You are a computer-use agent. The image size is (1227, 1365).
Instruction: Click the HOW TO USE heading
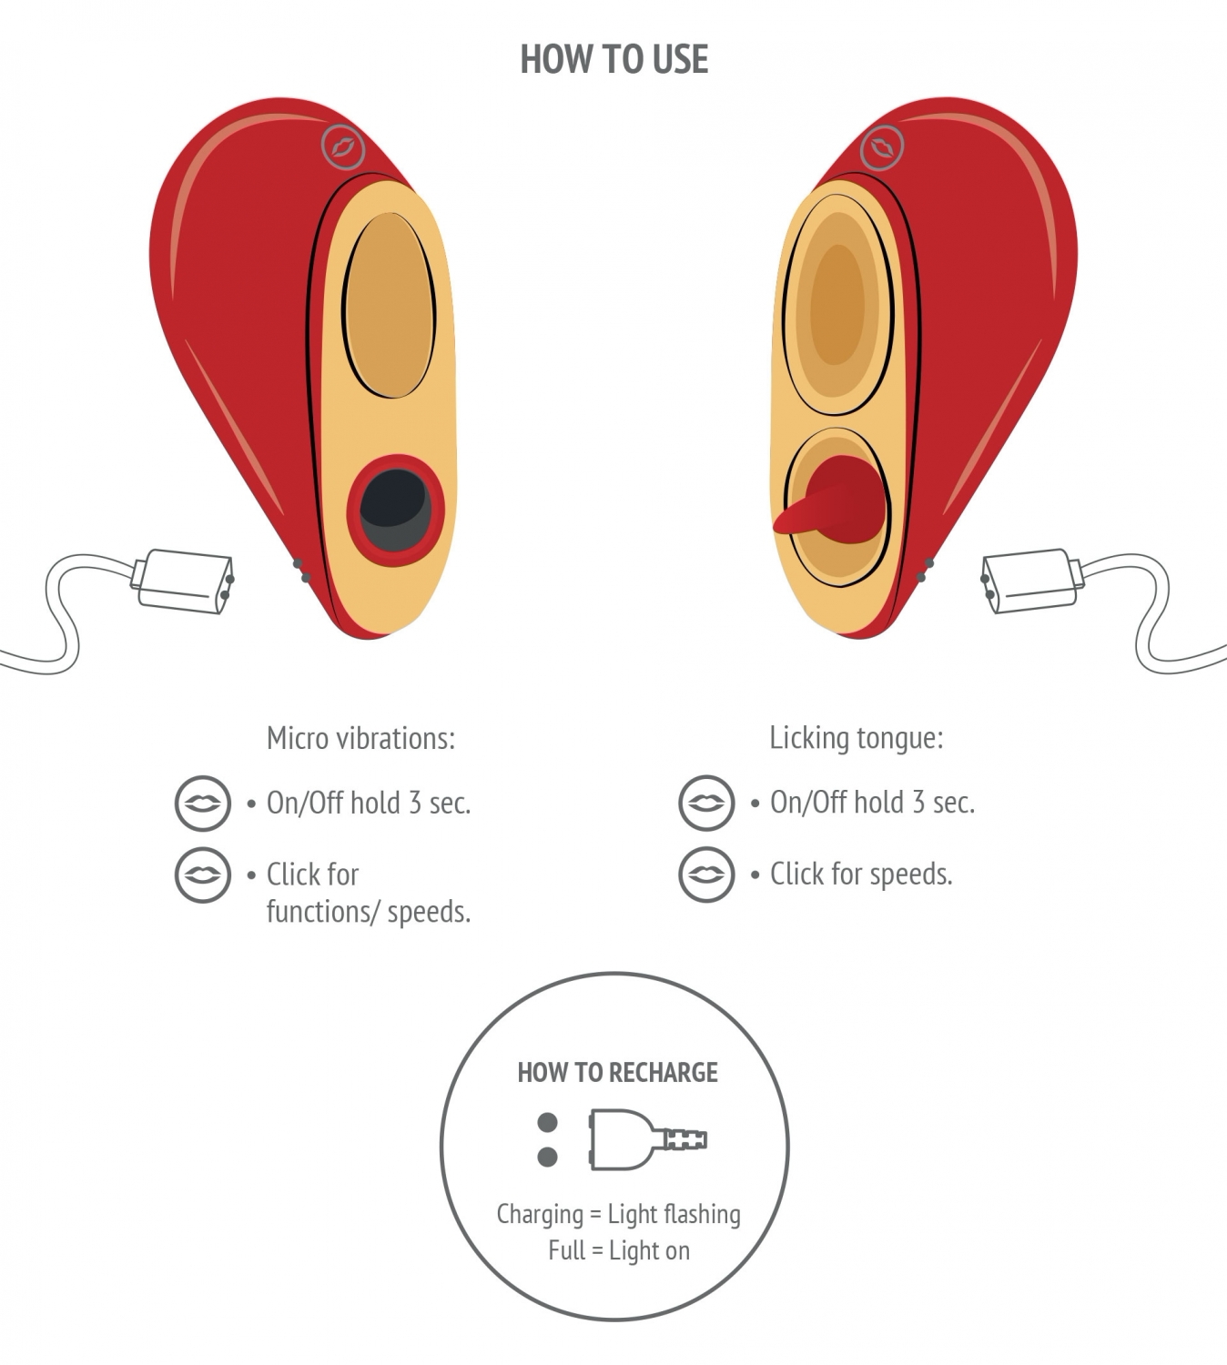tap(614, 59)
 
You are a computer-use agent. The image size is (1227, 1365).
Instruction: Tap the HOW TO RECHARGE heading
tap(617, 1072)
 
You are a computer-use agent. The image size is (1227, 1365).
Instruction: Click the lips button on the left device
tap(343, 147)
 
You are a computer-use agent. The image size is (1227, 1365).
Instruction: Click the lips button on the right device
tap(882, 147)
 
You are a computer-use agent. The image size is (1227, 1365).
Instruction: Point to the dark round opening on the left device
tap(395, 511)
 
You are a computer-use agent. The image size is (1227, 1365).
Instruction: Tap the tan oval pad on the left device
tap(389, 306)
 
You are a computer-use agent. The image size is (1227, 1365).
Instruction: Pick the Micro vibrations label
tap(360, 738)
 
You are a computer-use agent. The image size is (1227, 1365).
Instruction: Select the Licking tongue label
tap(857, 738)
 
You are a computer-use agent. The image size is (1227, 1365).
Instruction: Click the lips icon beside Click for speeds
tap(706, 875)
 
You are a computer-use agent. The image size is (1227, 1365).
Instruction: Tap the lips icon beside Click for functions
tap(203, 875)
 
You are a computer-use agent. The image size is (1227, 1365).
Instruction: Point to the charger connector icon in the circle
tap(648, 1139)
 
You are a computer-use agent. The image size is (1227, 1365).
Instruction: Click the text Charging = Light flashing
tap(618, 1214)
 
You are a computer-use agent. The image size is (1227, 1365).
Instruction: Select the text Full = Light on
tap(619, 1250)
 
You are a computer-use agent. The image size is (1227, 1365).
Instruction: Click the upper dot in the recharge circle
tap(547, 1123)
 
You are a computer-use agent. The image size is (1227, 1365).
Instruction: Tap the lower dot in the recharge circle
tap(547, 1157)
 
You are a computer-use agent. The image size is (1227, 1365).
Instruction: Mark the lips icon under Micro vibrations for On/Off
tap(203, 803)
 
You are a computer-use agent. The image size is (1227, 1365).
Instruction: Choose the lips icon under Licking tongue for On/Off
tap(706, 803)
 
